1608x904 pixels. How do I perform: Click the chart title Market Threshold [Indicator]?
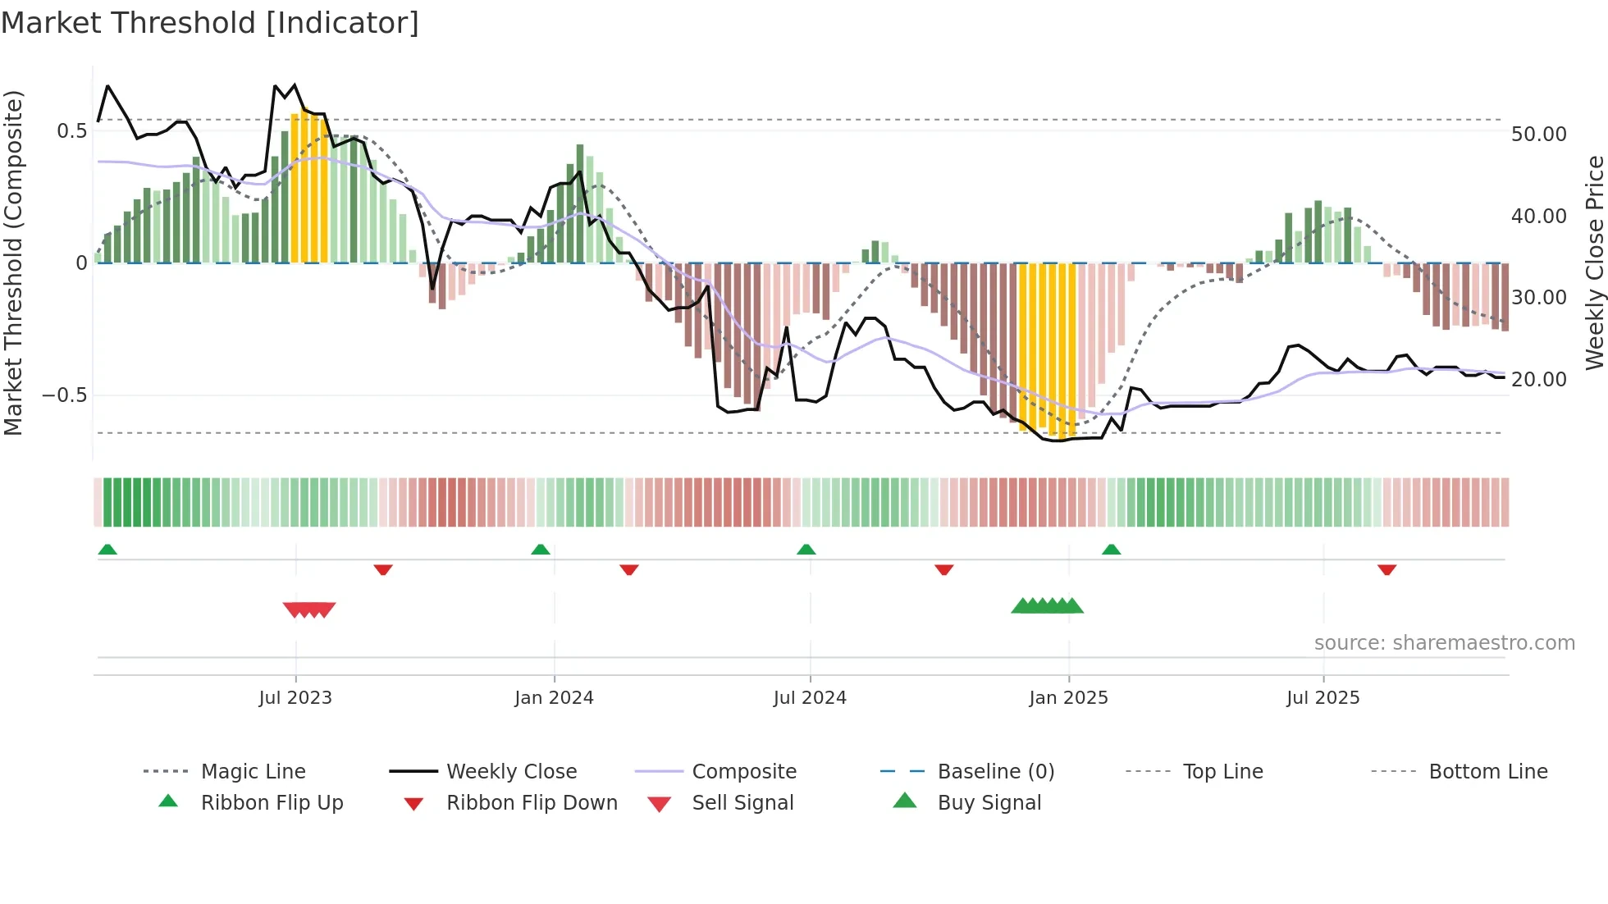click(x=210, y=23)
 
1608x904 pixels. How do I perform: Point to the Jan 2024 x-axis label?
click(x=554, y=698)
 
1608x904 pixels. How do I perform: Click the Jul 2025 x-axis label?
click(x=1322, y=698)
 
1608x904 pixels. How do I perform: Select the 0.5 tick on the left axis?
click(x=72, y=131)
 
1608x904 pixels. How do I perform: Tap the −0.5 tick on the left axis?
click(x=65, y=395)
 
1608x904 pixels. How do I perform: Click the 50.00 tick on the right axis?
click(x=1538, y=134)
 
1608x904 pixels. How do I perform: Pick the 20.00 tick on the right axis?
click(x=1538, y=380)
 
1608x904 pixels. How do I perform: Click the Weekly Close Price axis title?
click(x=1594, y=263)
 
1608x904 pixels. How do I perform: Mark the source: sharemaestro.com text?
click(x=1444, y=643)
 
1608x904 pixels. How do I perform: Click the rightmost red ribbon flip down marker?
click(x=1387, y=569)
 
